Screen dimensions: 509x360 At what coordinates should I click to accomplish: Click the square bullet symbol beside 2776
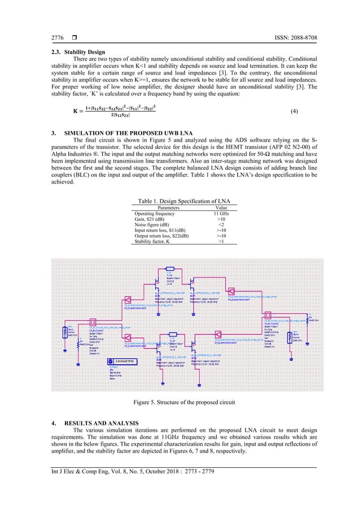[74, 38]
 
